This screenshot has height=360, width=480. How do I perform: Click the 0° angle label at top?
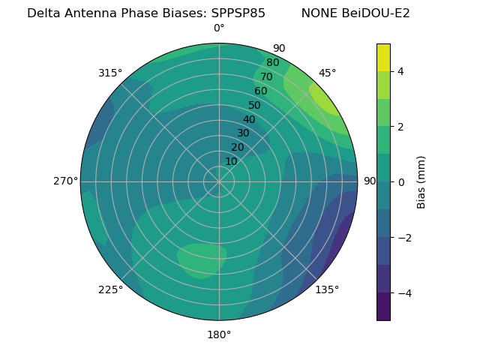pyautogui.click(x=219, y=28)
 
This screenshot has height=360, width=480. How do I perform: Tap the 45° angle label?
pyautogui.click(x=328, y=73)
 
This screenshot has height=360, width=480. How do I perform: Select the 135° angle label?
pyautogui.click(x=327, y=289)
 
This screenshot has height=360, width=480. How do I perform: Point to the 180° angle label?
pyautogui.click(x=219, y=334)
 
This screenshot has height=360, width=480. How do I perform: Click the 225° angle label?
pyautogui.click(x=110, y=289)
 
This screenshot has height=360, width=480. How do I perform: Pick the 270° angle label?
pyautogui.click(x=65, y=181)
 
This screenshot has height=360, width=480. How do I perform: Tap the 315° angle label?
pyautogui.click(x=110, y=73)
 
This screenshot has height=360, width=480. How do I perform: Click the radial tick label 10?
pyautogui.click(x=231, y=161)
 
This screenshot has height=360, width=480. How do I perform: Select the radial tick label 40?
pyautogui.click(x=249, y=119)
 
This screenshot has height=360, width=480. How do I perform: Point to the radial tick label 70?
pyautogui.click(x=266, y=76)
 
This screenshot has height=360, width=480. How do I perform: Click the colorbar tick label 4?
pyautogui.click(x=401, y=71)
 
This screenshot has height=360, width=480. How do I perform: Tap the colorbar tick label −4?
pyautogui.click(x=403, y=292)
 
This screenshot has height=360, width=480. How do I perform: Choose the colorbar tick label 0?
pyautogui.click(x=401, y=182)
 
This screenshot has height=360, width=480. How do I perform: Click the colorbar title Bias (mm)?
pyautogui.click(x=421, y=182)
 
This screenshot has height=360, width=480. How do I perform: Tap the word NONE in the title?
pyautogui.click(x=318, y=13)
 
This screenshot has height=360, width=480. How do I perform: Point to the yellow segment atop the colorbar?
pyautogui.click(x=384, y=57)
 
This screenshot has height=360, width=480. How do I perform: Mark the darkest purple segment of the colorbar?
pyautogui.click(x=384, y=306)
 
